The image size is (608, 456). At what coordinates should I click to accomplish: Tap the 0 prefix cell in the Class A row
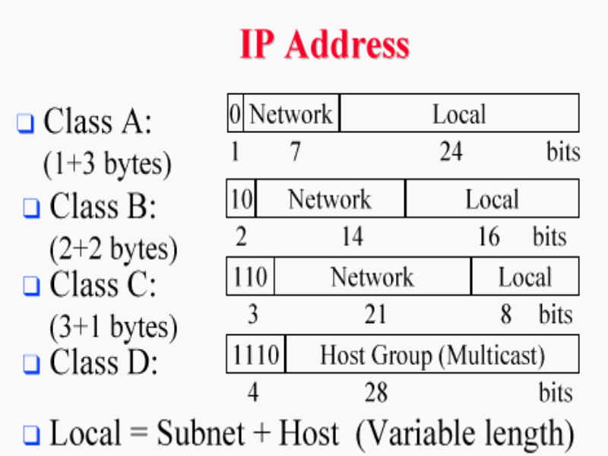coord(235,114)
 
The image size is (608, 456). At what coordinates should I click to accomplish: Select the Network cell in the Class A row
coord(291,114)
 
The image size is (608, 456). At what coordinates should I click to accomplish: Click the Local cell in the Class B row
coord(492,199)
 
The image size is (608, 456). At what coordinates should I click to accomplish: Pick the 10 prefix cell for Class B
coord(241,199)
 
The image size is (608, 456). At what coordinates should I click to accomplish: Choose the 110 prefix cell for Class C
coord(250,277)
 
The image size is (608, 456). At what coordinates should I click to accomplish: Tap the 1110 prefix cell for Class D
coord(256,354)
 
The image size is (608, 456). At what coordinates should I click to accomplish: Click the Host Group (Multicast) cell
coord(432,354)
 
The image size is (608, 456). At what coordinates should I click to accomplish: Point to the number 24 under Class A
coord(451,152)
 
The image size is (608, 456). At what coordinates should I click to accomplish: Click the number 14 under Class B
coord(351,237)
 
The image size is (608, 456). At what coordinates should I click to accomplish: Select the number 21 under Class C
coord(375,314)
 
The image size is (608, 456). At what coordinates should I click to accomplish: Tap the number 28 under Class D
coord(375,392)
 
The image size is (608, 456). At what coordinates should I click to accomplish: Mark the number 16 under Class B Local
coord(488,237)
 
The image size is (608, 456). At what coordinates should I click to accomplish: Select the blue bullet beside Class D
coord(31,364)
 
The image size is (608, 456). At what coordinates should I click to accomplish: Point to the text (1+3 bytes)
coord(107,165)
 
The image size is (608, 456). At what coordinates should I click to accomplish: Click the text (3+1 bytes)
coord(113,328)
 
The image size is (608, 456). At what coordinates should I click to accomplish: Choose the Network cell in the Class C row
coord(372,277)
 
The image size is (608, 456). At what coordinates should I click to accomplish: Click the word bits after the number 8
coord(556,314)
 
